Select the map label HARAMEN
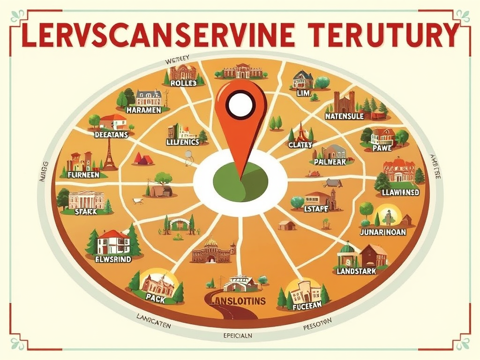pos(144,110)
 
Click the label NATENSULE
pos(344,116)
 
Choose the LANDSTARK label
pos(356,271)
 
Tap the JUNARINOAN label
pos(382,232)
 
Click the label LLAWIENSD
pos(397,192)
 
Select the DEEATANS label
pos(111,134)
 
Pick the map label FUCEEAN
pos(307,306)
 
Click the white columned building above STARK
pos(86,199)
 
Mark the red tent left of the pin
pos(143,158)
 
